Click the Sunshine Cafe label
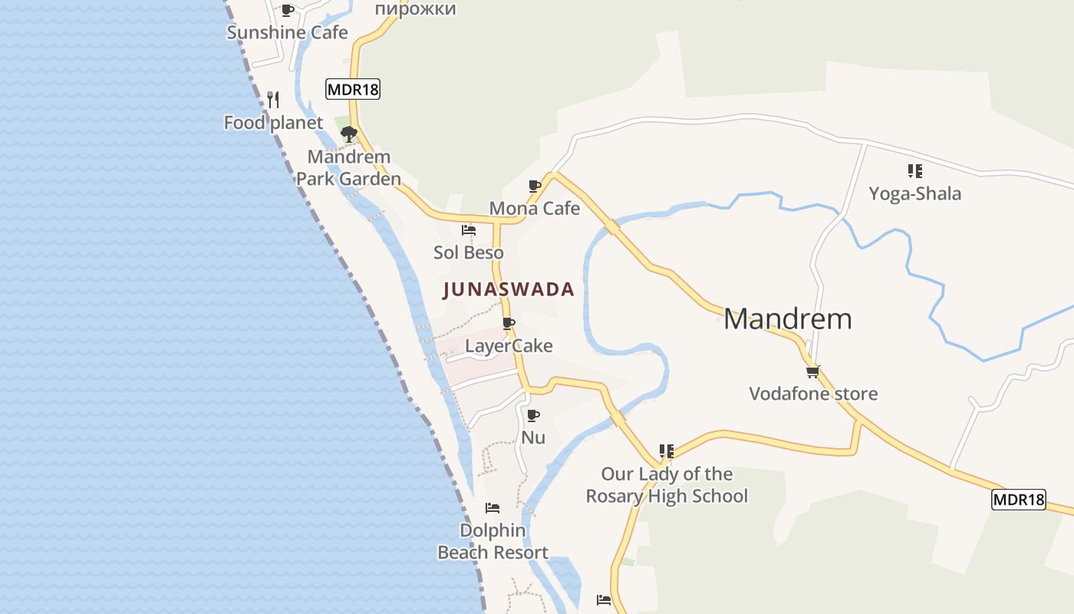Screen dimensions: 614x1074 (x=287, y=32)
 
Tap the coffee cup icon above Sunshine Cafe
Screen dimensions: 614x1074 (x=288, y=10)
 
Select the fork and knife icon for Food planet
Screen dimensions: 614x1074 (x=273, y=99)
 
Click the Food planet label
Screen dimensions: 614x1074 (x=273, y=123)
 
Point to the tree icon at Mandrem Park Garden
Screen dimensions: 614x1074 (x=349, y=134)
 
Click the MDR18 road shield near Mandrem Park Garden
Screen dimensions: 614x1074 (x=353, y=89)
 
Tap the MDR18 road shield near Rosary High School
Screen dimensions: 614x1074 (x=1019, y=500)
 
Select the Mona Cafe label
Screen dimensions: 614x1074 (x=534, y=208)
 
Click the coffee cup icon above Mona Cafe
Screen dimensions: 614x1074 (x=535, y=186)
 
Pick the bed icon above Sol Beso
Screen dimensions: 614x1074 (x=468, y=229)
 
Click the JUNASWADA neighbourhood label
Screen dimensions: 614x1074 (x=509, y=289)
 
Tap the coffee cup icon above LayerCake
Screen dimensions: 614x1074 (x=508, y=323)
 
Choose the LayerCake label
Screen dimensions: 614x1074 (x=509, y=345)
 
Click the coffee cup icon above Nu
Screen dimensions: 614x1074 (x=533, y=415)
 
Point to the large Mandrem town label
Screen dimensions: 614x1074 (x=787, y=319)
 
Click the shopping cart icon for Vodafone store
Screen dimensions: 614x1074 (x=812, y=371)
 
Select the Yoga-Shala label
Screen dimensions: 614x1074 (x=914, y=193)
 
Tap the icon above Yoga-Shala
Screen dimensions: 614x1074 (x=914, y=170)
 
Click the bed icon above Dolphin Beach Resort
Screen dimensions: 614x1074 (x=493, y=507)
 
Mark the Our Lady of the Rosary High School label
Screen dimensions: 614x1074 (x=666, y=484)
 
